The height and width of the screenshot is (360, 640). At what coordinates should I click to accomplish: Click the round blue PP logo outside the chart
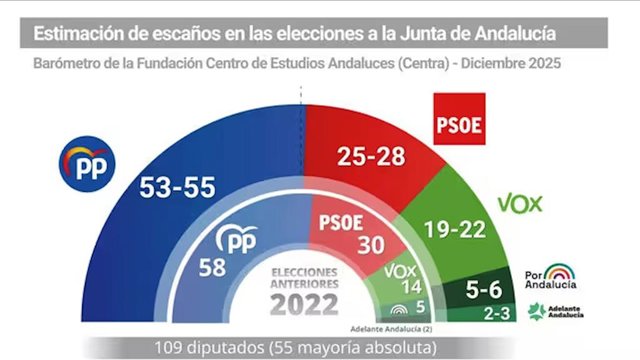87,164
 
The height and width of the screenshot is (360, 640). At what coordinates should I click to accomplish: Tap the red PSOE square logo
459,119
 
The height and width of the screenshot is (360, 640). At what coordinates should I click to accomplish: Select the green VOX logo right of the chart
520,204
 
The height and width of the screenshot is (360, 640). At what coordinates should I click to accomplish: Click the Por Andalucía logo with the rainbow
551,276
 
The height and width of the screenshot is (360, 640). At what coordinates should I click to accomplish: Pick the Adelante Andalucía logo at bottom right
556,311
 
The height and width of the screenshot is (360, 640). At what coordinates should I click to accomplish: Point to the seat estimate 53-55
177,187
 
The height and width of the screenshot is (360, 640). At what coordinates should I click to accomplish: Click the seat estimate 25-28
371,156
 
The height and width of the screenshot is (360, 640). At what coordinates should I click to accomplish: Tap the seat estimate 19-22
455,229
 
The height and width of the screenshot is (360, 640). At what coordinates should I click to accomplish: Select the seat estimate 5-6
484,289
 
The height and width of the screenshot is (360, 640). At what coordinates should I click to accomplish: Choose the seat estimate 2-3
497,313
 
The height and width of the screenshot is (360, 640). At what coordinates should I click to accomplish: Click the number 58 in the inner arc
212,268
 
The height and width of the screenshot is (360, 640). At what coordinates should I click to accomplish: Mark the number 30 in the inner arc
371,245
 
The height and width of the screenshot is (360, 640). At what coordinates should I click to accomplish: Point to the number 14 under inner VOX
412,287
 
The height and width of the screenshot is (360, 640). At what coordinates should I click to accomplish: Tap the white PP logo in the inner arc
237,239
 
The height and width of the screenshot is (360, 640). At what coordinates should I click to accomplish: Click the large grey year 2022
304,305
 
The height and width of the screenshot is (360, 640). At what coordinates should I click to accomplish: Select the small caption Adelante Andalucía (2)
391,329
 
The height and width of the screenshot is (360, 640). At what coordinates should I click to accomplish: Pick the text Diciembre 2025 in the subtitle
511,63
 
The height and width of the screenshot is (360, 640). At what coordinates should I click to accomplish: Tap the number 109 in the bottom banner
169,348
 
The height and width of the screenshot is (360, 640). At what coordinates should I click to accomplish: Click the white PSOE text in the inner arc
341,223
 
